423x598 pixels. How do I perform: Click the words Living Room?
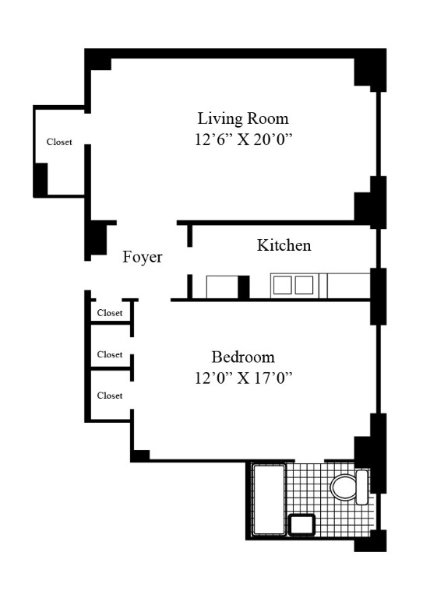point(242,119)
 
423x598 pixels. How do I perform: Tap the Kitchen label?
point(284,245)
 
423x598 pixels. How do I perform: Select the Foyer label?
point(143,258)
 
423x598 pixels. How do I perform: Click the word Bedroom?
point(243,357)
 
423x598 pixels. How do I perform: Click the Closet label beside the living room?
point(59,142)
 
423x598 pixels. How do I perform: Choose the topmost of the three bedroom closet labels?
point(109,313)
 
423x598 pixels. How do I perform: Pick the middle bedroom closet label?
point(109,354)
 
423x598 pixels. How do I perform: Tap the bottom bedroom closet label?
point(109,396)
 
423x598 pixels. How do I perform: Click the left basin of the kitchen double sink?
point(282,285)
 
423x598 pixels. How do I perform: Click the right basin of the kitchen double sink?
point(304,285)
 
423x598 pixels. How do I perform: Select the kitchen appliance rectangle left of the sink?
point(221,286)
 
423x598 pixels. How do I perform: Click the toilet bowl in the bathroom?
point(342,488)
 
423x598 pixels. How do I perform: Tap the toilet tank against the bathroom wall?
point(361,487)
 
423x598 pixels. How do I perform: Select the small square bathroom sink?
point(301,526)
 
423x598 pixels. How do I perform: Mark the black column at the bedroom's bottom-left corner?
point(140,455)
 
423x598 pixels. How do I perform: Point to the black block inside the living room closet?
point(41,180)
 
